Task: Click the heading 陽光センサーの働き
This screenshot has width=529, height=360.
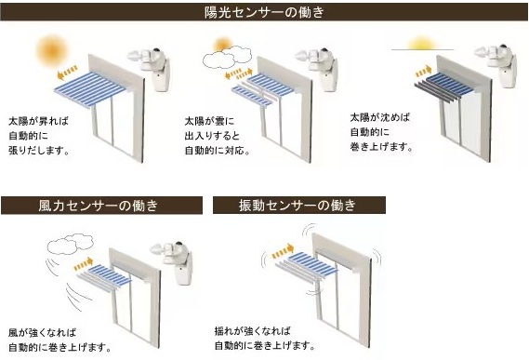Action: (x=264, y=12)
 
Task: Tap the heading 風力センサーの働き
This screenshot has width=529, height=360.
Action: (x=99, y=206)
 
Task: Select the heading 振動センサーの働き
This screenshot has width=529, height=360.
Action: (x=298, y=205)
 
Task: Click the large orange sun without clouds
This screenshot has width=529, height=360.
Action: (x=52, y=51)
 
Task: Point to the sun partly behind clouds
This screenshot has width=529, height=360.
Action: (x=223, y=45)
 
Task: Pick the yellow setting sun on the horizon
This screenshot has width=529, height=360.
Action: (x=422, y=45)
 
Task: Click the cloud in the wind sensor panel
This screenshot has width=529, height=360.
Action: (x=70, y=244)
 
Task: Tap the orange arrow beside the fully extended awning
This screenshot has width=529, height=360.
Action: (x=67, y=73)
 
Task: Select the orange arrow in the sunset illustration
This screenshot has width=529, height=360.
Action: (x=424, y=72)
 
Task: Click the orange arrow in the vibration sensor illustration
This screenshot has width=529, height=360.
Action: (x=283, y=251)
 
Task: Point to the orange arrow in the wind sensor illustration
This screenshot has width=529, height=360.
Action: (x=84, y=264)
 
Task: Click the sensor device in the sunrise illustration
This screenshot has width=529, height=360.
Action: (x=151, y=69)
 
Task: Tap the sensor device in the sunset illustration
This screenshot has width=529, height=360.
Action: (x=497, y=65)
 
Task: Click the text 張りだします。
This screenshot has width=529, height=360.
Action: (x=39, y=151)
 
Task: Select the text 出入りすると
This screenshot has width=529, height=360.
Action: (x=212, y=136)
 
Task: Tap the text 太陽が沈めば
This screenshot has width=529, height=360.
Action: (x=380, y=117)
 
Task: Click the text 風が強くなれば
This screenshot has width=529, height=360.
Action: (x=43, y=333)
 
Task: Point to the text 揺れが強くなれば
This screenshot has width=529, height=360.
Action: (x=253, y=330)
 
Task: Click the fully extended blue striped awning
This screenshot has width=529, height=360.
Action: (x=90, y=89)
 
